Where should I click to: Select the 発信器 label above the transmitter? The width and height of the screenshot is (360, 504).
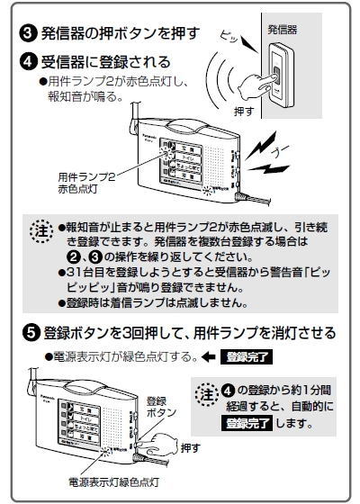(x=282, y=31)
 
